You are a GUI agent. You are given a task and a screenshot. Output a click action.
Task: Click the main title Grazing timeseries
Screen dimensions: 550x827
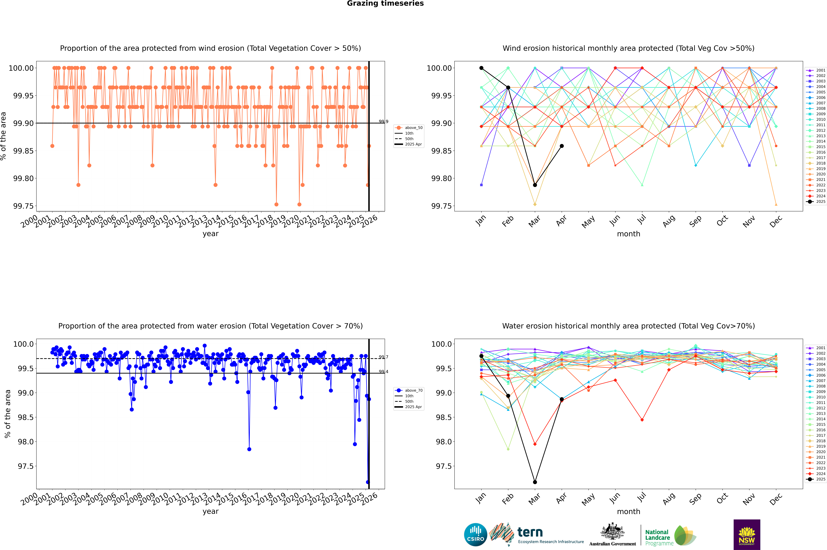(385, 3)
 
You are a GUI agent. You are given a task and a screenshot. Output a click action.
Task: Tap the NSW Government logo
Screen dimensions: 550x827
(747, 535)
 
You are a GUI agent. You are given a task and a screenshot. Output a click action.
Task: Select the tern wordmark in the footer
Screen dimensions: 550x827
(530, 533)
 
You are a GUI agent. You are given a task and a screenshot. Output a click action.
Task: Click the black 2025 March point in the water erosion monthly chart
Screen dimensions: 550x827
(535, 482)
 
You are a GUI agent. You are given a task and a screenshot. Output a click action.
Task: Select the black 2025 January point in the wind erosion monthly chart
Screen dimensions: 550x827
(481, 68)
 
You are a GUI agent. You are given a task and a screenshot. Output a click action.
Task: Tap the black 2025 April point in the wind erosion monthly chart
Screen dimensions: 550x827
(562, 146)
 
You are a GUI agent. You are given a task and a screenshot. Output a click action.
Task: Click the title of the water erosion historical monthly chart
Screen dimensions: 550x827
(628, 326)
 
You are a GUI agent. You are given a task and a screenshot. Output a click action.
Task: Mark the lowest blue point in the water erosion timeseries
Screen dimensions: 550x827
(368, 482)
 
